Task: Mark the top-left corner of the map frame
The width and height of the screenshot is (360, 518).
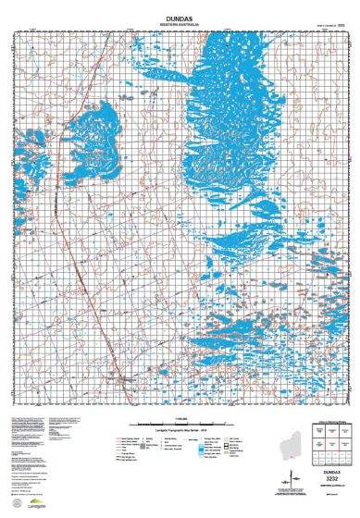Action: click(16, 33)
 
